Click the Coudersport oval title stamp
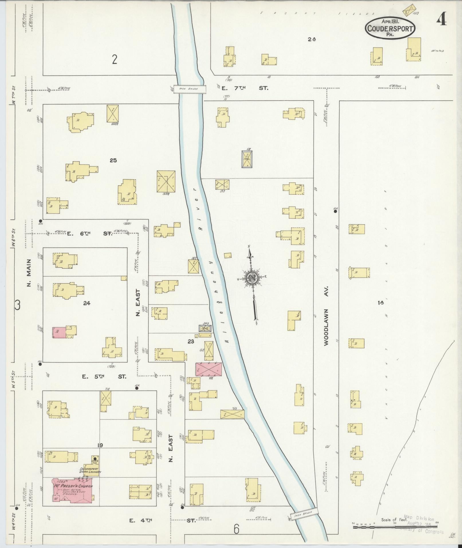tap(390, 28)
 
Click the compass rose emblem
tap(252, 279)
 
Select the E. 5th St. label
tap(104, 376)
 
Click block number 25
tap(113, 160)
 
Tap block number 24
tap(86, 303)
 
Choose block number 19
tap(100, 445)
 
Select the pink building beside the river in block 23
tap(209, 369)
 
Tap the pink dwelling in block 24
tap(59, 333)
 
